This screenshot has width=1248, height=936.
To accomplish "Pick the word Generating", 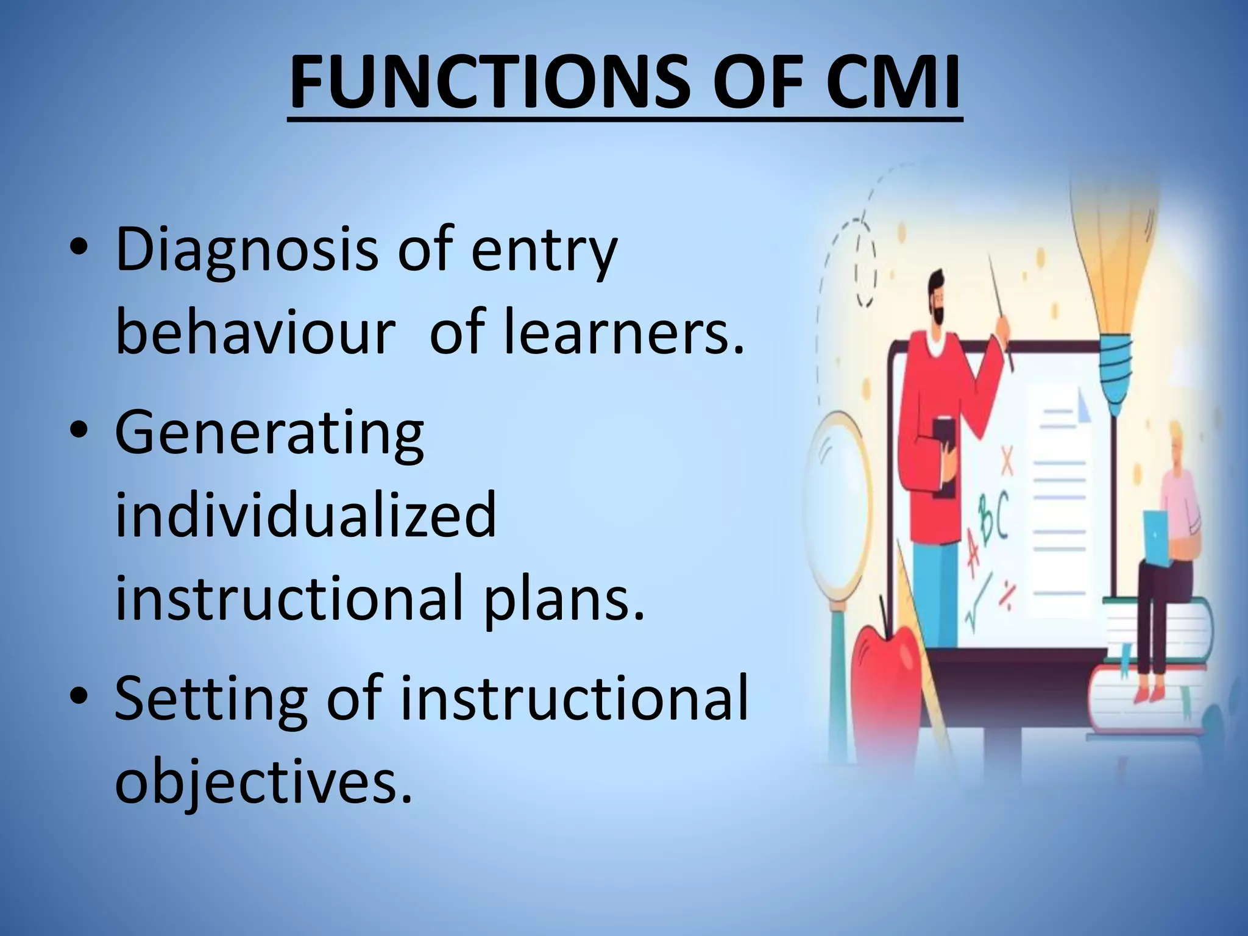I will point(269,433).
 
